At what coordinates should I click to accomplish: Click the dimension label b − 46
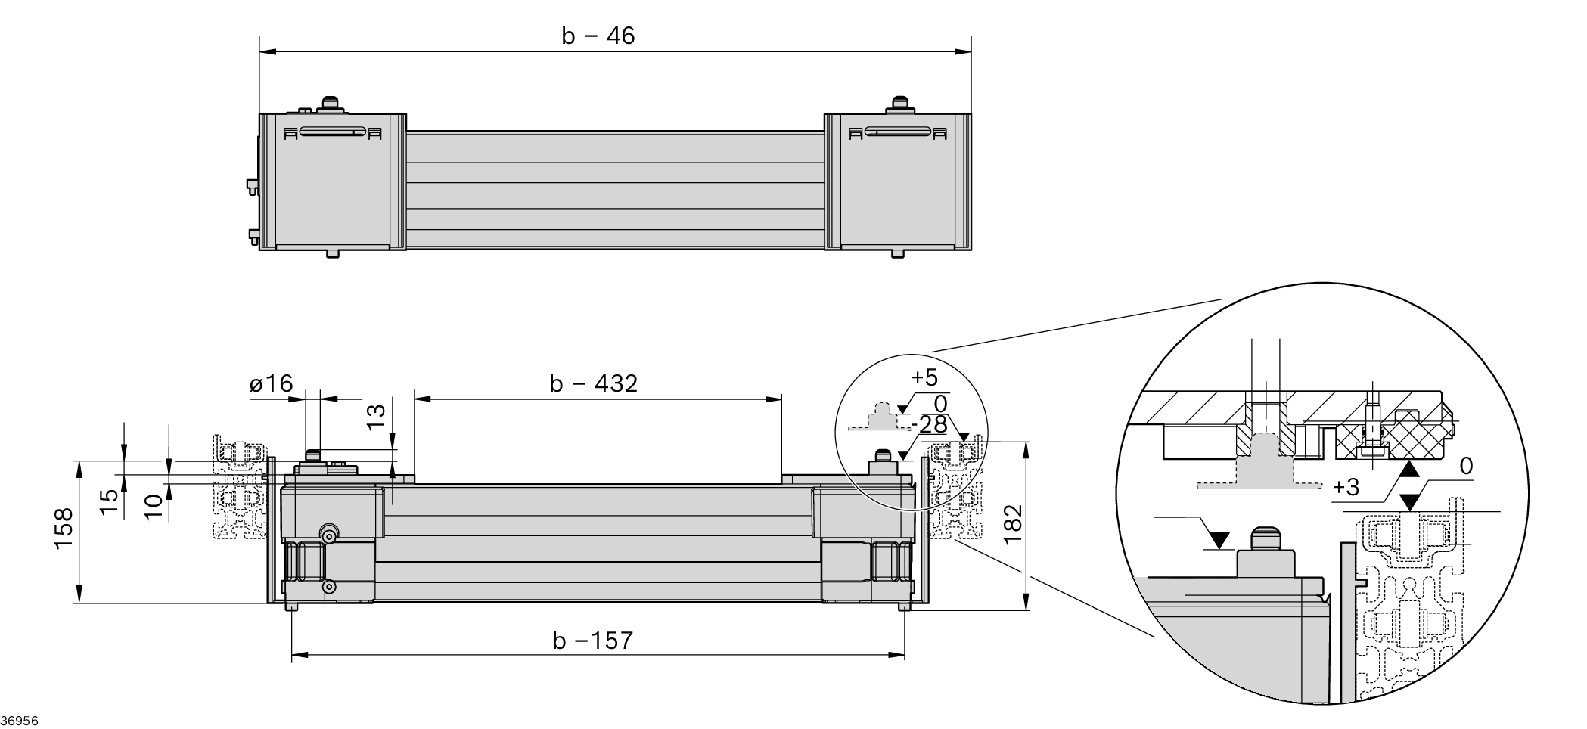click(x=598, y=36)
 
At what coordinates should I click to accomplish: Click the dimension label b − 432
click(x=593, y=383)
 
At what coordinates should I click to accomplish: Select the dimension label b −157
click(x=592, y=641)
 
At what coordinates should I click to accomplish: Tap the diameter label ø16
click(x=271, y=383)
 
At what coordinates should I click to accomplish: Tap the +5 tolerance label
click(x=924, y=377)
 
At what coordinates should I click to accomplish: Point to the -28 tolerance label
click(x=930, y=425)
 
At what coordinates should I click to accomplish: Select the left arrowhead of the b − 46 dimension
click(x=266, y=52)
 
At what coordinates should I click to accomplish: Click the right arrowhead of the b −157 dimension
click(x=899, y=655)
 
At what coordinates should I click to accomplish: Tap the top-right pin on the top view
click(x=899, y=103)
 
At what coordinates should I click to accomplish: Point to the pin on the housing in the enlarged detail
click(x=1266, y=540)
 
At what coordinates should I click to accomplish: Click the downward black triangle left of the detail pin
click(x=1219, y=539)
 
